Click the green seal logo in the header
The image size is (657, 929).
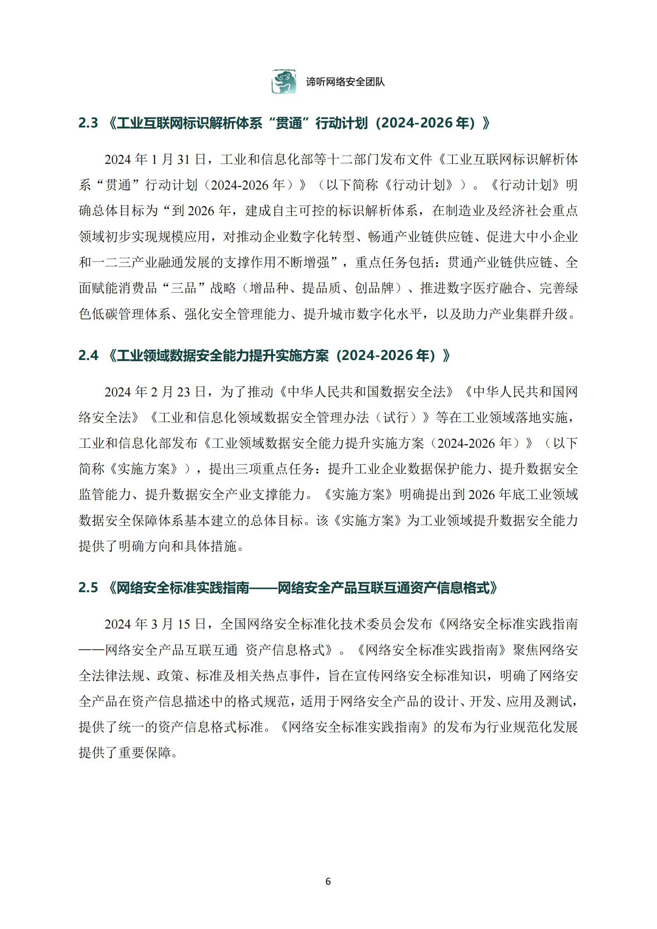pyautogui.click(x=284, y=82)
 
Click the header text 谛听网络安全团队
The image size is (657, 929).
pyautogui.click(x=345, y=82)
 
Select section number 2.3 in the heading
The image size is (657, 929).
pyautogui.click(x=88, y=123)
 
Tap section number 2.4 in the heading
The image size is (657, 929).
pyautogui.click(x=88, y=355)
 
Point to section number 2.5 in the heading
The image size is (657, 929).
pyautogui.click(x=88, y=588)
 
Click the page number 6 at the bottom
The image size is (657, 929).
pyautogui.click(x=328, y=881)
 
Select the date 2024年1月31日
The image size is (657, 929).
pyautogui.click(x=155, y=160)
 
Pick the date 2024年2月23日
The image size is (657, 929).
pyautogui.click(x=155, y=392)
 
